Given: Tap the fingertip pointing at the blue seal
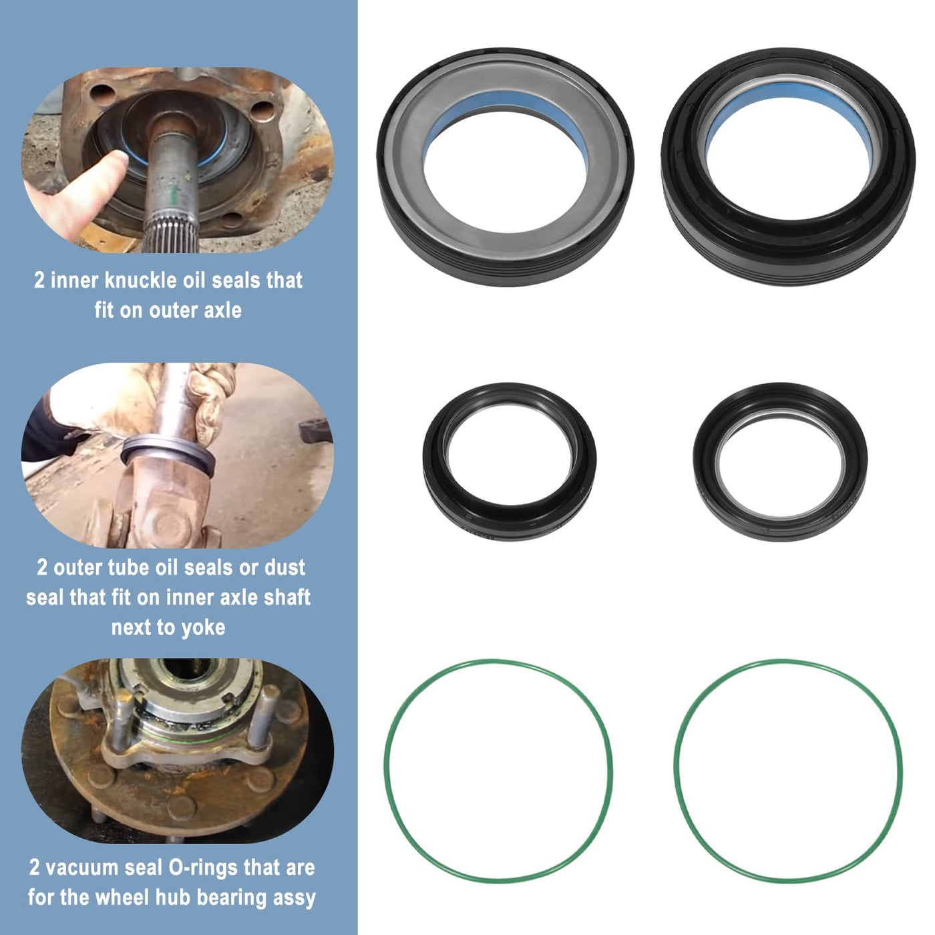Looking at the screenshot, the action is point(116,160).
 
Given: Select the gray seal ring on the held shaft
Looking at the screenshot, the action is point(168,453).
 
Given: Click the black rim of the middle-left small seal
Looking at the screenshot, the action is point(510,519).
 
